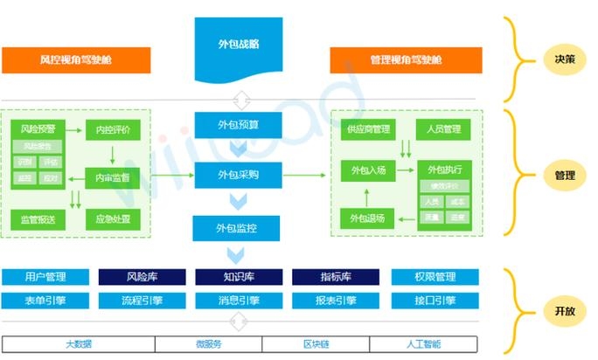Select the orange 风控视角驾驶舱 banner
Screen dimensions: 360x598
(x=76, y=60)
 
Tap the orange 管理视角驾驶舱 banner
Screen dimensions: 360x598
(x=406, y=60)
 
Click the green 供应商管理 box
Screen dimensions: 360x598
(x=368, y=129)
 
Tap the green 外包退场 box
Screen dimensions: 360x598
(x=368, y=218)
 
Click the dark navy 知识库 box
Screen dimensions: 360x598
(x=238, y=277)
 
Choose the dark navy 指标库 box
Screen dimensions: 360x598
(x=336, y=277)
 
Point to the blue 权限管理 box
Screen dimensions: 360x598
(x=434, y=277)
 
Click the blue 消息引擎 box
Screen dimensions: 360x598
(x=238, y=301)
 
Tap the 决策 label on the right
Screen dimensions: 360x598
(x=564, y=60)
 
